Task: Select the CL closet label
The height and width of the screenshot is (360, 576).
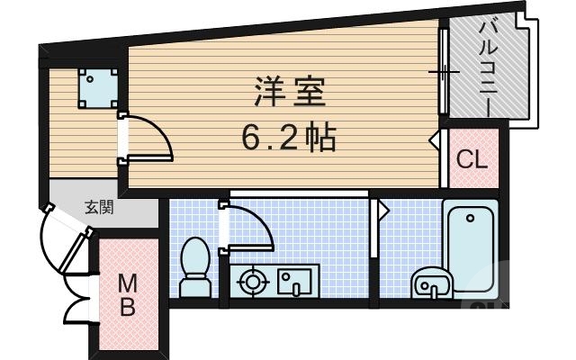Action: [x=472, y=160]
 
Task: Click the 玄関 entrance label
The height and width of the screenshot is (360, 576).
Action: [x=99, y=207]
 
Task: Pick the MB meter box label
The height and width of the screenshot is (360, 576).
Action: [x=128, y=295]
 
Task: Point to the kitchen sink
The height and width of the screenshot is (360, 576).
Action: [x=292, y=283]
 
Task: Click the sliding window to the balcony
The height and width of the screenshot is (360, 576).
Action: [x=443, y=70]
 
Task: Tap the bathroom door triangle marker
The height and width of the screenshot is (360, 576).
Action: [x=382, y=210]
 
